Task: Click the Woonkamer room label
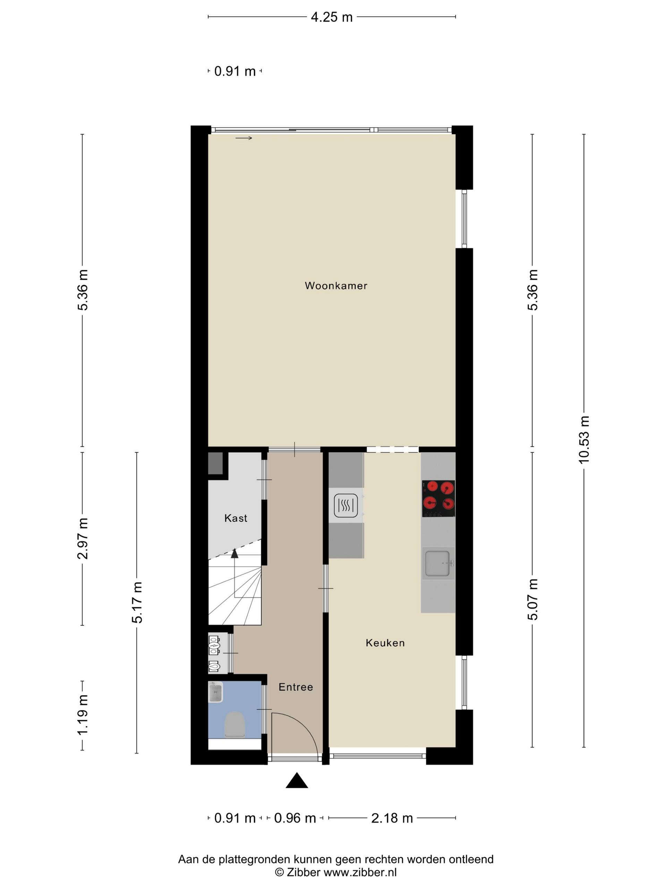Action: click(x=336, y=285)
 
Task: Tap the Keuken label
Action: click(x=385, y=643)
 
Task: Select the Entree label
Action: click(x=296, y=687)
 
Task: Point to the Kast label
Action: click(x=236, y=518)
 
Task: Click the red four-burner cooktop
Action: click(x=438, y=498)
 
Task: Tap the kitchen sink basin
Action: click(x=437, y=563)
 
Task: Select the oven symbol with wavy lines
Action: click(x=345, y=505)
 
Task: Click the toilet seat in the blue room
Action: click(x=234, y=725)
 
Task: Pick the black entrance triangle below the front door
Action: click(x=297, y=780)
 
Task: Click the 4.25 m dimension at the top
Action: click(x=332, y=17)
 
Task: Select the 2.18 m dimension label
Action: click(x=392, y=818)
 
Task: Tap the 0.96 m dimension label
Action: click(x=294, y=818)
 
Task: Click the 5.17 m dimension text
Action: click(x=137, y=602)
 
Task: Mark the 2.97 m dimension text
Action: click(x=83, y=538)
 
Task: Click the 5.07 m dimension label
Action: click(x=532, y=599)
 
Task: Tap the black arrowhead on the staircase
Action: click(x=234, y=553)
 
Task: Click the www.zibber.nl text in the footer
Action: click(x=360, y=872)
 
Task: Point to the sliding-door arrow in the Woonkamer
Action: click(x=244, y=138)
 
